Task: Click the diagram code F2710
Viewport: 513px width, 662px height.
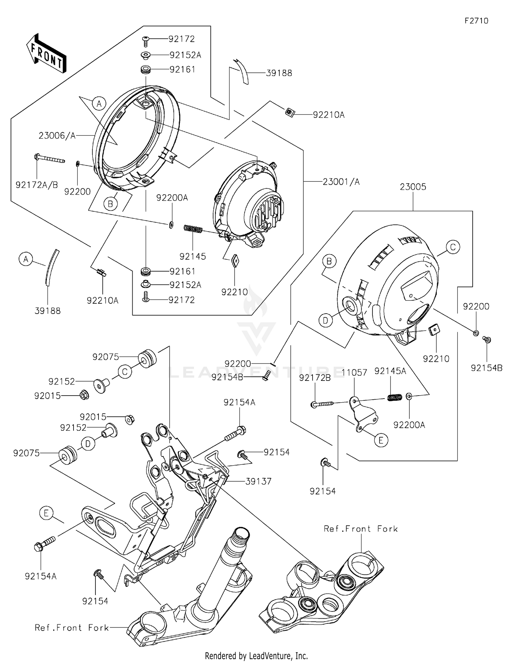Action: tap(476, 21)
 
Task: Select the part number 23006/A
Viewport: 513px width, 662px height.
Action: tap(57, 136)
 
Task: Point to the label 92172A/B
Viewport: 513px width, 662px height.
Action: tap(37, 185)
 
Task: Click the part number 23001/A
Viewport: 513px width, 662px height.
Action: tap(341, 182)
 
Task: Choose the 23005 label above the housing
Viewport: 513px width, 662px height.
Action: tap(413, 187)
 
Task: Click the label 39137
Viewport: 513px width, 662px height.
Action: tap(258, 481)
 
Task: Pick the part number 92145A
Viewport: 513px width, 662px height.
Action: tap(390, 371)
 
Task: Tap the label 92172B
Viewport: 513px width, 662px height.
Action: tap(315, 378)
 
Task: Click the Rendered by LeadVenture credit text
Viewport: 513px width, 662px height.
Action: tap(256, 656)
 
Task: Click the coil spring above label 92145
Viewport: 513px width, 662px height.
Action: tap(193, 229)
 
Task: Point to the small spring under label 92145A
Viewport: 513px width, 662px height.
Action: tap(394, 397)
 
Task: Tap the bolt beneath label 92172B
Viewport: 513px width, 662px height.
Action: tap(322, 404)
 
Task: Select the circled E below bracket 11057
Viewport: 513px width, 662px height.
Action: tap(381, 440)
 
